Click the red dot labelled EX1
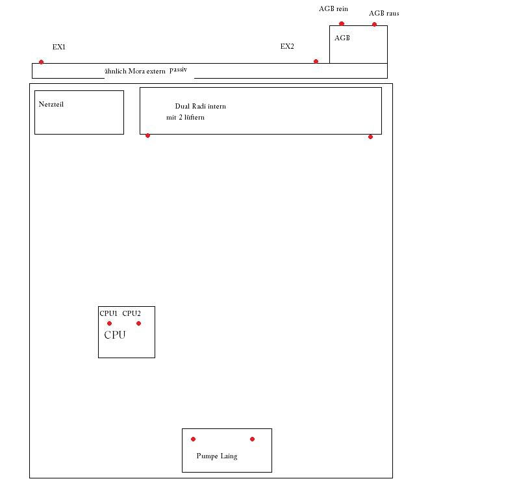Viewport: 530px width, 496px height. (41, 62)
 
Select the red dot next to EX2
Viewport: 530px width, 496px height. (316, 61)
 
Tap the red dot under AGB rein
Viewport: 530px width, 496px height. (342, 23)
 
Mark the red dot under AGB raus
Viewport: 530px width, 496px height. (374, 24)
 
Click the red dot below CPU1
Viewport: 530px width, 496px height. (109, 324)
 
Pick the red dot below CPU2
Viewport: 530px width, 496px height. (138, 324)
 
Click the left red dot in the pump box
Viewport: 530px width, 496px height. (193, 439)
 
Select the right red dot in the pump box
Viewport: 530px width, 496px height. (252, 439)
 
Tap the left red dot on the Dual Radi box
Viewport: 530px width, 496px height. (147, 136)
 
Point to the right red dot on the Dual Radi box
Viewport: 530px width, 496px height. (370, 137)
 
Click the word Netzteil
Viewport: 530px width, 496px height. (51, 104)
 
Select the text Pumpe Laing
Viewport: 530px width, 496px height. (217, 456)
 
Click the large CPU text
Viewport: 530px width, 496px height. (115, 335)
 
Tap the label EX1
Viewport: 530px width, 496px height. (59, 47)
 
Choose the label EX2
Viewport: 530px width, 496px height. (287, 46)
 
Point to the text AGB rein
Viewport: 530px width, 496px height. (333, 9)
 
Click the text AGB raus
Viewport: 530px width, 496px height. (384, 14)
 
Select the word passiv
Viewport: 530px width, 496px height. (178, 70)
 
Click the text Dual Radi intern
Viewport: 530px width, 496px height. (201, 106)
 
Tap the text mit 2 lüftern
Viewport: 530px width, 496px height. (185, 118)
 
